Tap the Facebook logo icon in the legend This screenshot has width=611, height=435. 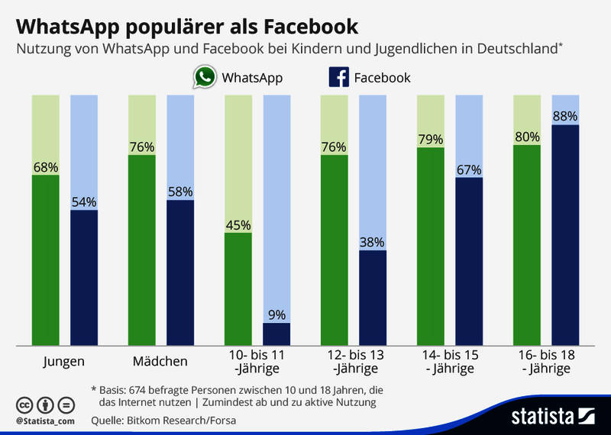(338, 77)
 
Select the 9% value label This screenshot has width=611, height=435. (276, 314)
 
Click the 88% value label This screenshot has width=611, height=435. (565, 116)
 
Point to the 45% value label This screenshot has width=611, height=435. (238, 224)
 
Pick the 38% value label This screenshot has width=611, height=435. (373, 242)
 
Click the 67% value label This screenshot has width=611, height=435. (469, 169)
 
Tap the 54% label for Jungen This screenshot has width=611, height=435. (84, 201)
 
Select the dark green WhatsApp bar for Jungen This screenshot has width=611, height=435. (46, 259)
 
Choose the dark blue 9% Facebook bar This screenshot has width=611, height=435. (276, 333)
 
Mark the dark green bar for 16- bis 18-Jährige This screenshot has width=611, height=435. (527, 244)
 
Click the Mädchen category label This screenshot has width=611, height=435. (160, 361)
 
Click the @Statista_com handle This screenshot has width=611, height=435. (44, 420)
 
